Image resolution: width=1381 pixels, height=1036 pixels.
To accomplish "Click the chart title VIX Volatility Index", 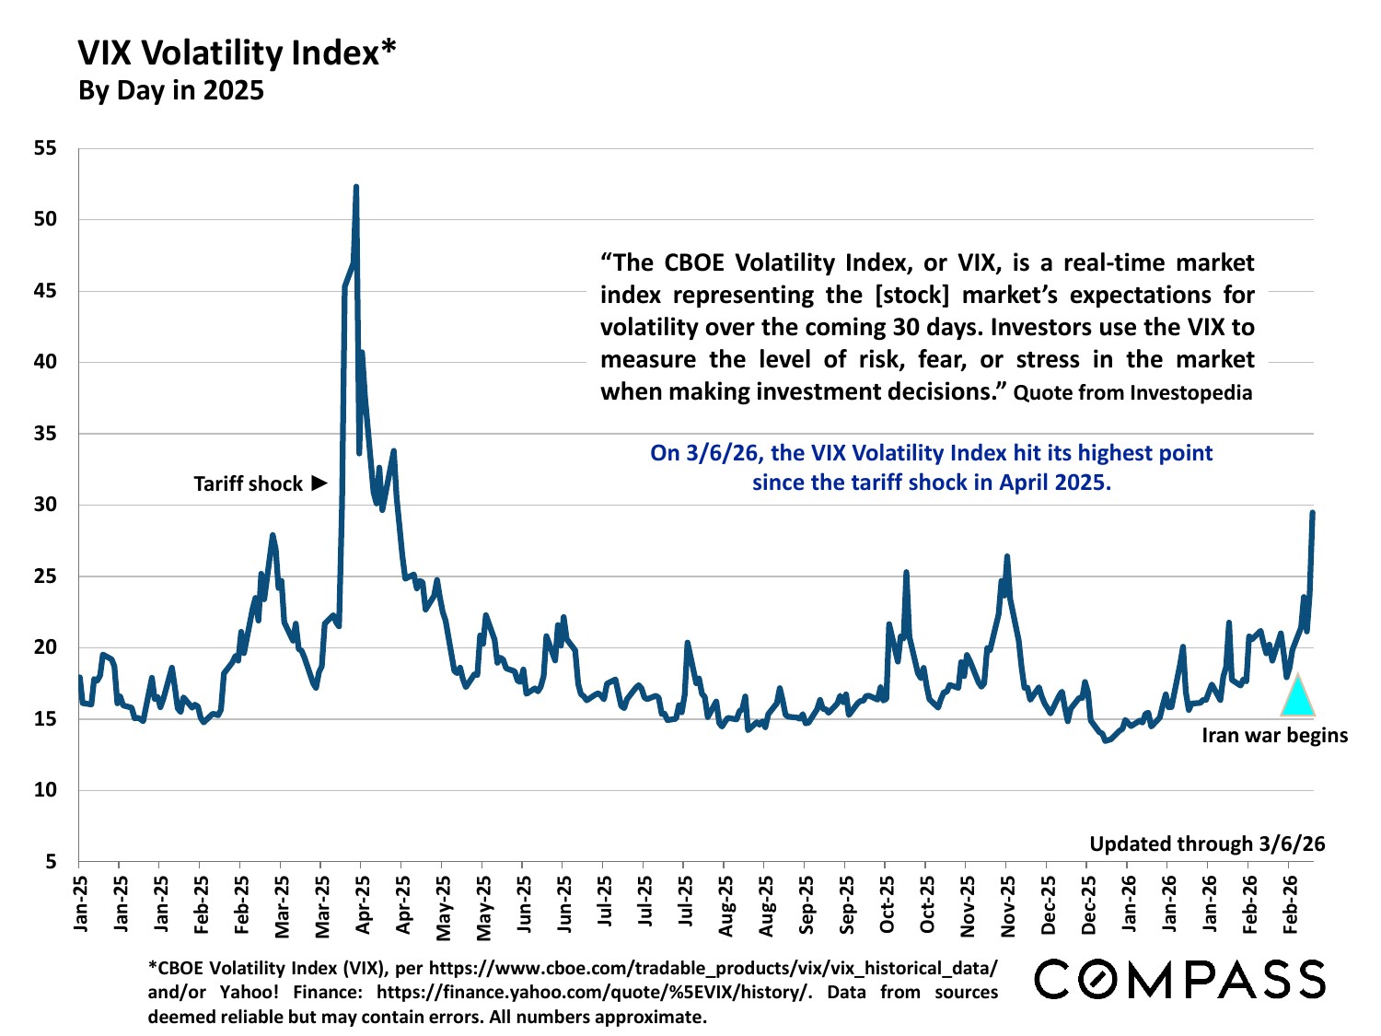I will pos(237,53).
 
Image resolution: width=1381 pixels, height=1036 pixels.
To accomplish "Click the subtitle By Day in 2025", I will pos(171,90).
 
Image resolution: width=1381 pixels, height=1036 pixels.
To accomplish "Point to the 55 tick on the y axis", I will pos(45,148).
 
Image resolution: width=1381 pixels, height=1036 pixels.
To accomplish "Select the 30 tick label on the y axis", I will pos(45,505).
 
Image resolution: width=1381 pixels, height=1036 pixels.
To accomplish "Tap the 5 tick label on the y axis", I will pos(51,862).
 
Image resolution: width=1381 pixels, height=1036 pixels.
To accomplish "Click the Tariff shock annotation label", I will pos(248,483).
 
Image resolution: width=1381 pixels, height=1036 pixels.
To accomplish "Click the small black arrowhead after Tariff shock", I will pos(319,483).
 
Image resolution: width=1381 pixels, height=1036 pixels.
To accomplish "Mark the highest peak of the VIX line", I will pos(355,187).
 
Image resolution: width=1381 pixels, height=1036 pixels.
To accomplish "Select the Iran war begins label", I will pos(1274,735).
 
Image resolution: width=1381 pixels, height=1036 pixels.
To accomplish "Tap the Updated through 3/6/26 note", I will pos(1207,844).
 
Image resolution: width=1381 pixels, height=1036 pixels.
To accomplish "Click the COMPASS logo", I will pos(1180,979).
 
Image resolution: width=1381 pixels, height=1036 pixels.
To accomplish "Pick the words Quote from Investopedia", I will pos(1132,393).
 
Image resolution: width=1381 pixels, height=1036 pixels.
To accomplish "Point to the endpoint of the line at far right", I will pos(1313,513).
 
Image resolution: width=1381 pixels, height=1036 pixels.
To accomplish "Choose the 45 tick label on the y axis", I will pos(45,291).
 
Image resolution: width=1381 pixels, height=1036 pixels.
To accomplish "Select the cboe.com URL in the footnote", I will pos(713,969).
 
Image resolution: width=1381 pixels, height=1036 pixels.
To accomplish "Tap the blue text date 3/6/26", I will pos(722,453).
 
